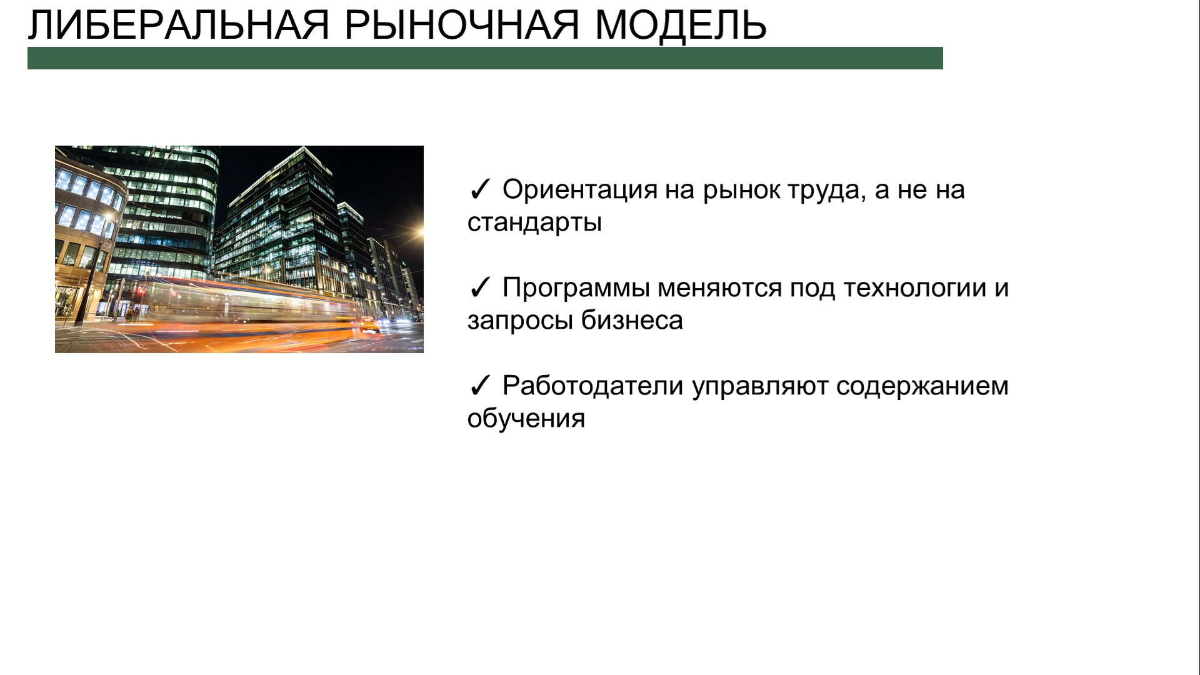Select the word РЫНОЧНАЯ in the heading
[462, 26]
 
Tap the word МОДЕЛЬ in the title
[681, 26]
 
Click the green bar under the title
[485, 58]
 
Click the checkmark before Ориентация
[479, 190]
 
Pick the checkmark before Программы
[479, 288]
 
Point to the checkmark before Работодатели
[479, 386]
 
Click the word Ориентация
[580, 190]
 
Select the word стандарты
[534, 223]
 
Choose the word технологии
[914, 288]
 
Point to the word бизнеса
[632, 320]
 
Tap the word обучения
[526, 418]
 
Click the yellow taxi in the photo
[369, 324]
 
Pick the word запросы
[520, 321]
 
